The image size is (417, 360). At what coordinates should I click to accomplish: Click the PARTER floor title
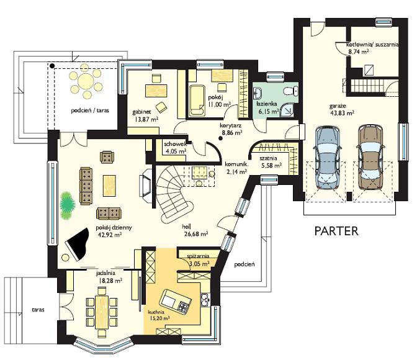336,231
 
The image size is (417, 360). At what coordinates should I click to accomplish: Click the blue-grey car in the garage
328,158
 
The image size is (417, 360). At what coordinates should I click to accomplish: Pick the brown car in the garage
370,157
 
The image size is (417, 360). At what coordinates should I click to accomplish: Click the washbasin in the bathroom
258,93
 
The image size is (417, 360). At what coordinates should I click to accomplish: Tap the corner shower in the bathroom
287,110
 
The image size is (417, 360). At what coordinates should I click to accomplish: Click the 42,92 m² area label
110,235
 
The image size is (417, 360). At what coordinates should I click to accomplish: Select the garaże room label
338,106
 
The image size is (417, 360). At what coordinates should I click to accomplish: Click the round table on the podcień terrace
86,80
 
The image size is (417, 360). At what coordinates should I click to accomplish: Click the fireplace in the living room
145,182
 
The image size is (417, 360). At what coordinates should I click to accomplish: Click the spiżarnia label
198,256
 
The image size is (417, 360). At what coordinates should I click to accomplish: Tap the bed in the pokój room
197,101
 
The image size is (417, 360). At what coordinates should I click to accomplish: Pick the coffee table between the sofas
109,186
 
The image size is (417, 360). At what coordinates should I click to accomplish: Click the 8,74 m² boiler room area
359,52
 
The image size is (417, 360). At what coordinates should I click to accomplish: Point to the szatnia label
268,158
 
